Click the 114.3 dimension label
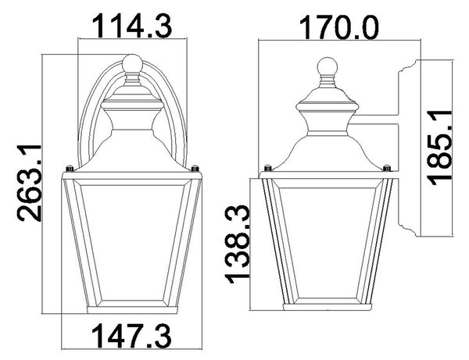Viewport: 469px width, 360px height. (133, 27)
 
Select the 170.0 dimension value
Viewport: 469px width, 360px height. (339, 27)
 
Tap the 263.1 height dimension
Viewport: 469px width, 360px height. (29, 183)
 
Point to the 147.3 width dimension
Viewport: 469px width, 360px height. (131, 337)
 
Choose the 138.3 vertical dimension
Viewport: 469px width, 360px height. (238, 244)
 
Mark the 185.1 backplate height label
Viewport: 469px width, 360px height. (439, 148)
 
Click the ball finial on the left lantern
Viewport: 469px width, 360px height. (132, 63)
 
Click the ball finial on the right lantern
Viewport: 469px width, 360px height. (328, 66)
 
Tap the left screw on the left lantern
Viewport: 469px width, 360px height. (70, 169)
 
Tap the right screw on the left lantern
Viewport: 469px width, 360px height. (195, 169)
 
